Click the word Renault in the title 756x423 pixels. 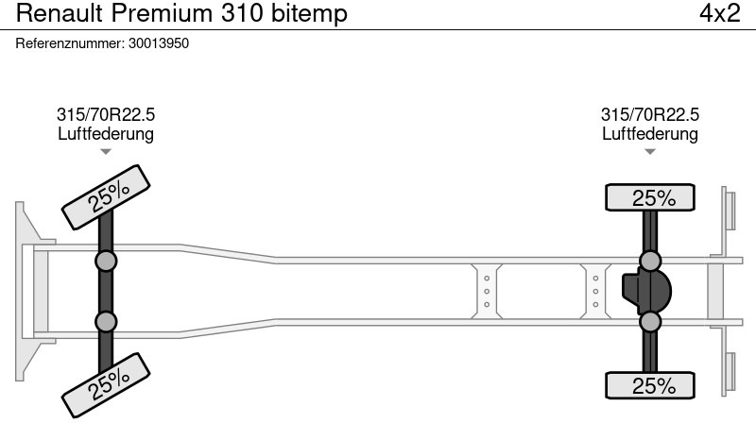click(x=60, y=13)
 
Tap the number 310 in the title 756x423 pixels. click(x=242, y=13)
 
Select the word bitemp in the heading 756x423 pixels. click(x=309, y=14)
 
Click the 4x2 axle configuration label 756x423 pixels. click(x=719, y=13)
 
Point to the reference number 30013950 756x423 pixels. click(x=159, y=43)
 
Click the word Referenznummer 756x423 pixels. click(x=69, y=43)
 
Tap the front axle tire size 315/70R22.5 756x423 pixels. click(x=106, y=114)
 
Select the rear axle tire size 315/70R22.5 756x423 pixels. click(x=650, y=114)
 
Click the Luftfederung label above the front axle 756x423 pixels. click(x=106, y=133)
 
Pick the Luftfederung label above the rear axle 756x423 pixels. click(x=650, y=133)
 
